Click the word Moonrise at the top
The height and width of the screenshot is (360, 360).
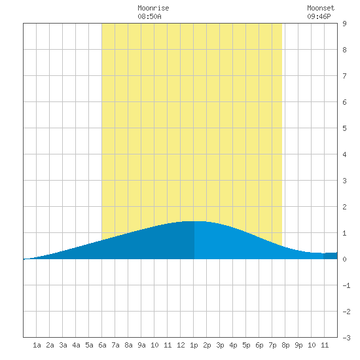point(153,8)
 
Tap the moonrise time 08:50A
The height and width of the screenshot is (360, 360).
point(149,16)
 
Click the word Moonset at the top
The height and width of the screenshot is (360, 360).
point(321,8)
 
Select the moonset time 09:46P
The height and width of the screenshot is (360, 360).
point(319,16)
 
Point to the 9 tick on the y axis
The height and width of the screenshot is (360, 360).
point(344,24)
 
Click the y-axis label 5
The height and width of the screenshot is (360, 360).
point(344,128)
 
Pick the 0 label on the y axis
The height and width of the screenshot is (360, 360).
point(344,259)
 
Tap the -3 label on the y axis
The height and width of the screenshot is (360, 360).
point(346,338)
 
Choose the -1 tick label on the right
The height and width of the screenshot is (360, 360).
point(346,285)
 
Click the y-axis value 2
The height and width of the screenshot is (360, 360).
point(344,207)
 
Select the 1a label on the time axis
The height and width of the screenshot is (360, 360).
point(37,345)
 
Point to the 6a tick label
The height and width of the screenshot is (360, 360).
point(102,345)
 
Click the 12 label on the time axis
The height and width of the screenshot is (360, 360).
point(181,345)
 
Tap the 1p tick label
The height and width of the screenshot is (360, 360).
point(194,345)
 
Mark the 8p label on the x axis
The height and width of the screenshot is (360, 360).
point(285,345)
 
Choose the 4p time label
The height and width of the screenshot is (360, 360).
point(233,345)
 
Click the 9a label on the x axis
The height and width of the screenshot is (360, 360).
point(141,345)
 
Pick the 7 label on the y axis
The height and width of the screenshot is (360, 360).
point(344,76)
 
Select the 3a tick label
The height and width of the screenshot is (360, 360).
point(63,345)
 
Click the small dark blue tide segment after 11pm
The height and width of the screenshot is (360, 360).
point(331,256)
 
